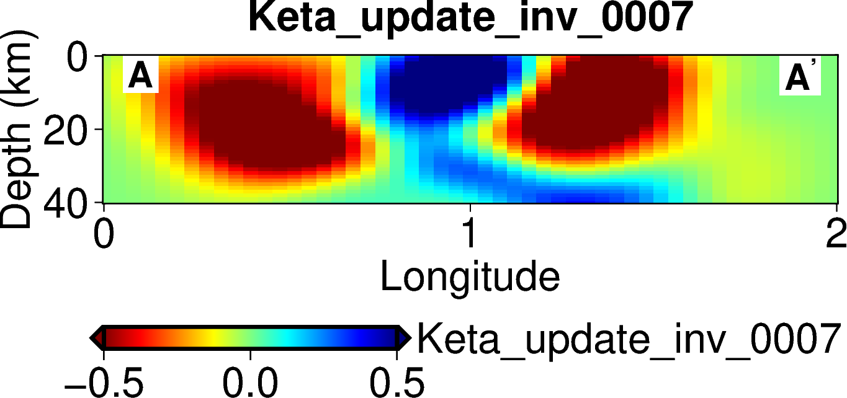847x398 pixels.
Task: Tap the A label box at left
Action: pos(140,76)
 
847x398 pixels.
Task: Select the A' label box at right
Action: pos(800,77)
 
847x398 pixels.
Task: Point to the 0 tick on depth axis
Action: pos(80,61)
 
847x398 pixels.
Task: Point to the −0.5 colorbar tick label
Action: pos(104,382)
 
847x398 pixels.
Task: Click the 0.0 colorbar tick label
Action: pos(251,382)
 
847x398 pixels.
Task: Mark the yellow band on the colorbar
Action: pos(214,338)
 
